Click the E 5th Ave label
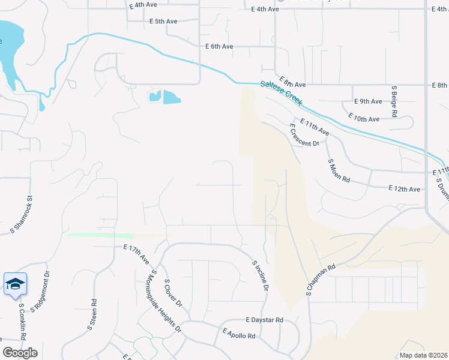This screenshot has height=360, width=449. pyautogui.click(x=163, y=22)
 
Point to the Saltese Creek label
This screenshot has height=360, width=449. pyautogui.click(x=282, y=94)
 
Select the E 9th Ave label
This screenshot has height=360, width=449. pyautogui.click(x=368, y=101)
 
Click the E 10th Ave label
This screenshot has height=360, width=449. pyautogui.click(x=364, y=119)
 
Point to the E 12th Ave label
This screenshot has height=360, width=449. pyautogui.click(x=405, y=188)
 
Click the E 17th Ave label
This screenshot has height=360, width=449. pyautogui.click(x=136, y=255)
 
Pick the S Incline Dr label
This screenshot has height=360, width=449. pyautogui.click(x=259, y=277)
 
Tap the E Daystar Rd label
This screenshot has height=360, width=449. pyautogui.click(x=264, y=320)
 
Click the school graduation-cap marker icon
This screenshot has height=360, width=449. pyautogui.click(x=15, y=284)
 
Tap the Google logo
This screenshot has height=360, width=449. pyautogui.click(x=20, y=353)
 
